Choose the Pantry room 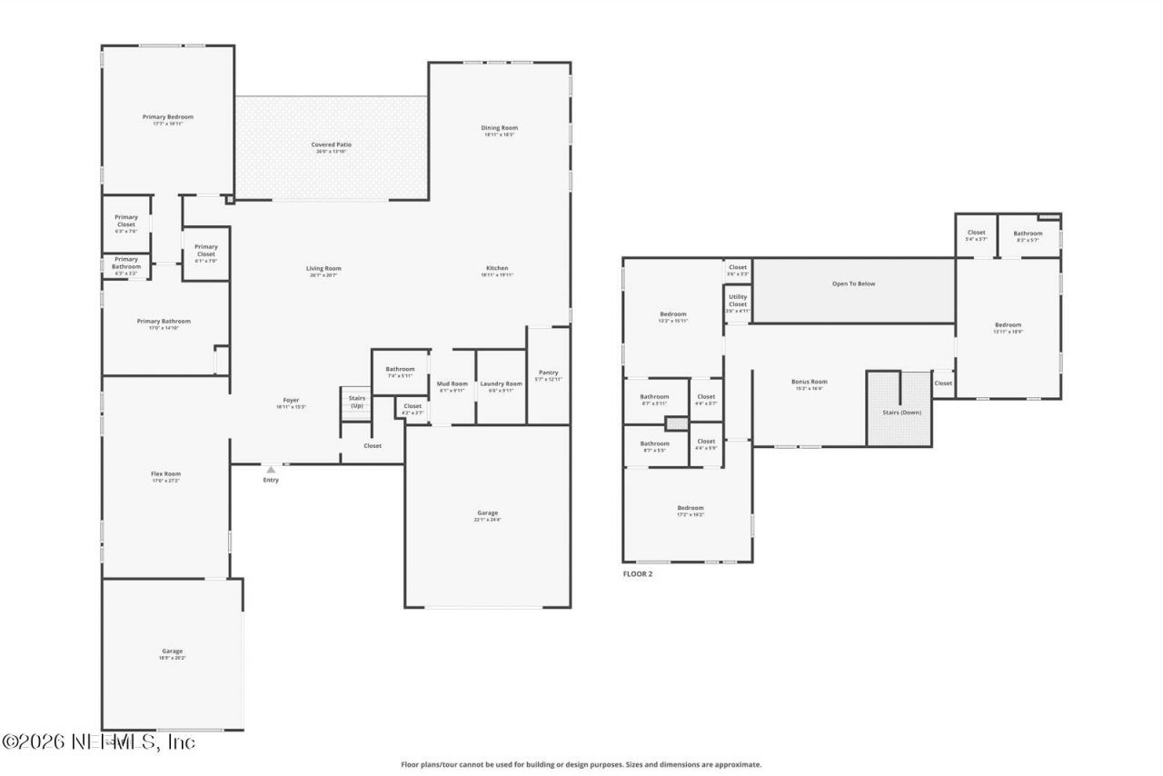tap(548, 374)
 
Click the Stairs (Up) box tap(356, 402)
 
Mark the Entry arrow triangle tap(271, 470)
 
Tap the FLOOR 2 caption tap(637, 574)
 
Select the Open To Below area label tap(853, 284)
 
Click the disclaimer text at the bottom tap(581, 765)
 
